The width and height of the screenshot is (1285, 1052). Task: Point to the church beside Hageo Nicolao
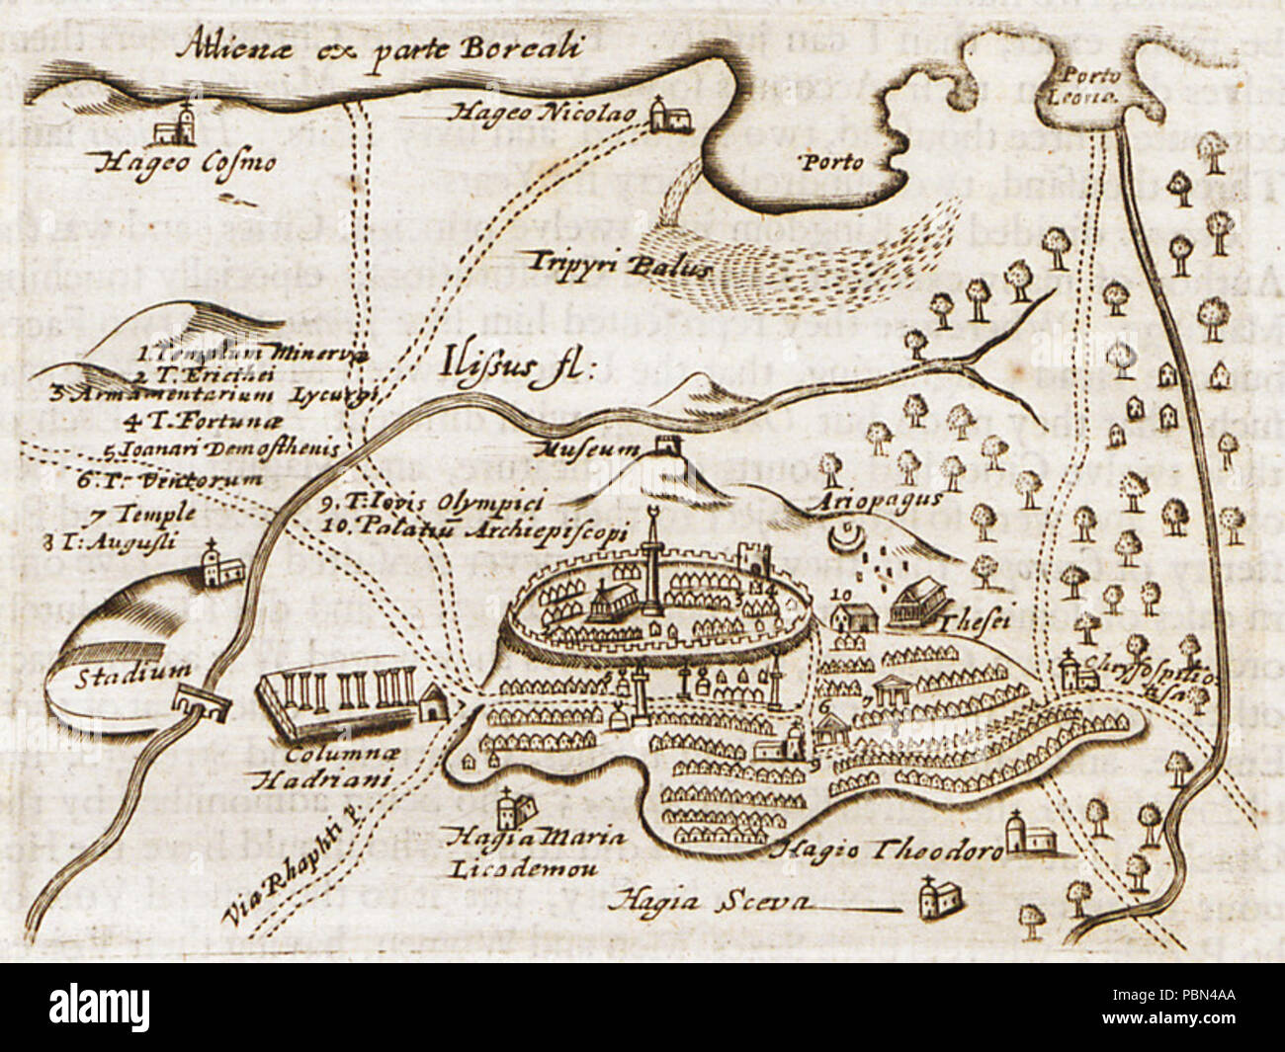pyautogui.click(x=669, y=116)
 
